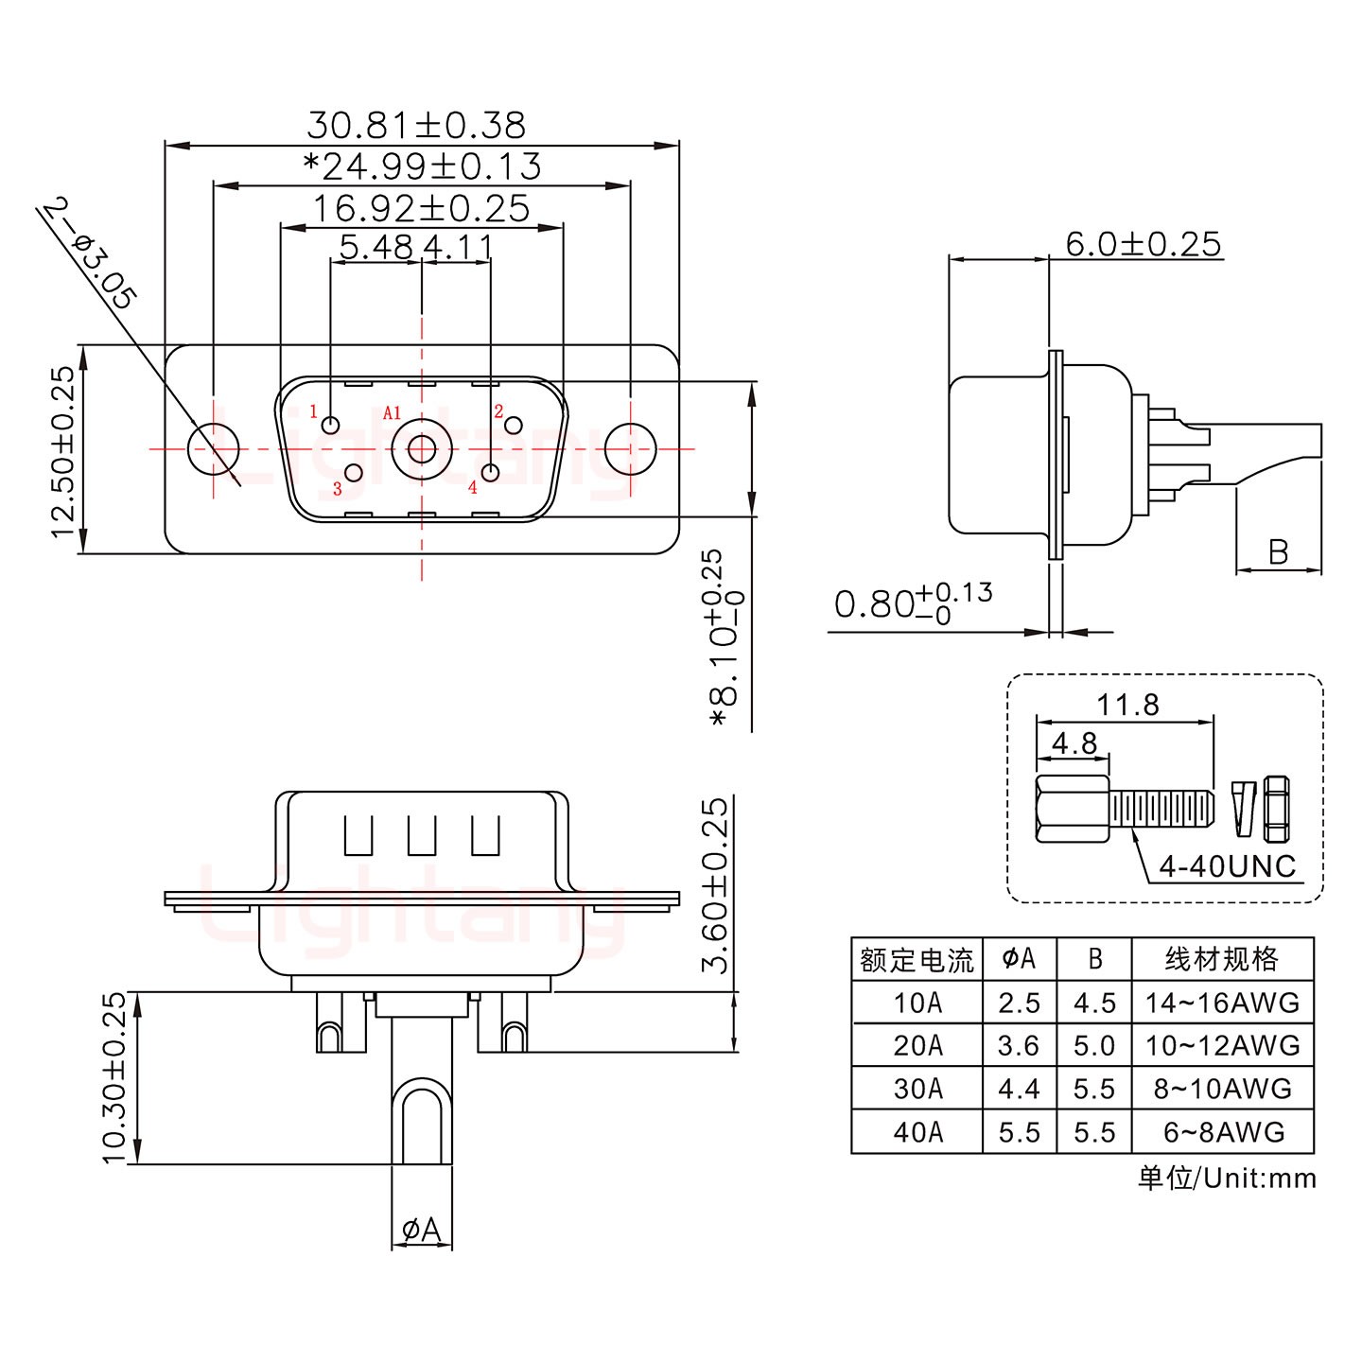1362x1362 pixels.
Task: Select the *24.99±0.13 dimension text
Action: (422, 167)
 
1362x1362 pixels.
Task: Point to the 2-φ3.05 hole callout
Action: (89, 253)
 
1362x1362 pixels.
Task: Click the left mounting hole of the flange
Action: (213, 448)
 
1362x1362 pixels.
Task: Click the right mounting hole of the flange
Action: (630, 448)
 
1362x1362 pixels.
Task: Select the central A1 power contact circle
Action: (421, 448)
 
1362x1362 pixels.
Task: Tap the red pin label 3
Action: (337, 489)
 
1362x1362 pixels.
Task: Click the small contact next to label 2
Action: (514, 425)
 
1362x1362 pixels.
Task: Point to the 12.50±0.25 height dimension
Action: (63, 451)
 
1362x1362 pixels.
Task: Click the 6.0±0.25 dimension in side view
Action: (1143, 245)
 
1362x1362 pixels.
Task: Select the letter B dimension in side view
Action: (1278, 552)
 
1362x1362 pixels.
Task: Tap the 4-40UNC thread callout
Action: (1227, 866)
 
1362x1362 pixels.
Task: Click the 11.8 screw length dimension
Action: (1127, 705)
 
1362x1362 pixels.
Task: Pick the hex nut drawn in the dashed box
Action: (1276, 809)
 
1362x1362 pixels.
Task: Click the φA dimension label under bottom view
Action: (422, 1231)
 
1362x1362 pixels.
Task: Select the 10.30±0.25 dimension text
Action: (114, 1077)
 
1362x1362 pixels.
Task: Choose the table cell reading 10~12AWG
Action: (1222, 1046)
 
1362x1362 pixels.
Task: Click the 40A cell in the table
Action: (917, 1132)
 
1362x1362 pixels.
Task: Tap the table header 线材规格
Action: (1222, 960)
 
